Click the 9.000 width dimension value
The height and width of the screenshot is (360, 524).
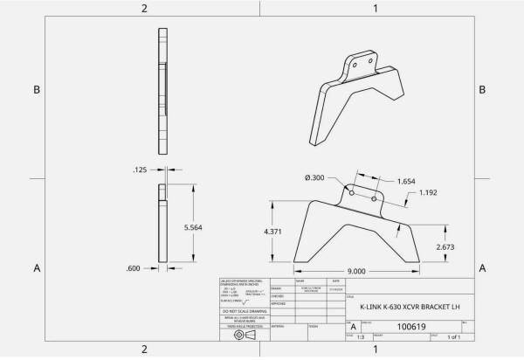click(x=355, y=272)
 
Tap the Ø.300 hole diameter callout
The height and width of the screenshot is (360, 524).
click(x=315, y=178)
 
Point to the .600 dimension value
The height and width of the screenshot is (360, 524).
click(x=133, y=267)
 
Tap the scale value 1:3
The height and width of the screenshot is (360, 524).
click(x=361, y=336)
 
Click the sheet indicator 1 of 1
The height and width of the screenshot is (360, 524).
click(x=453, y=336)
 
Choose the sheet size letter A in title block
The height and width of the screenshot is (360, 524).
click(x=352, y=326)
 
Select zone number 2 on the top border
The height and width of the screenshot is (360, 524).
click(x=144, y=8)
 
